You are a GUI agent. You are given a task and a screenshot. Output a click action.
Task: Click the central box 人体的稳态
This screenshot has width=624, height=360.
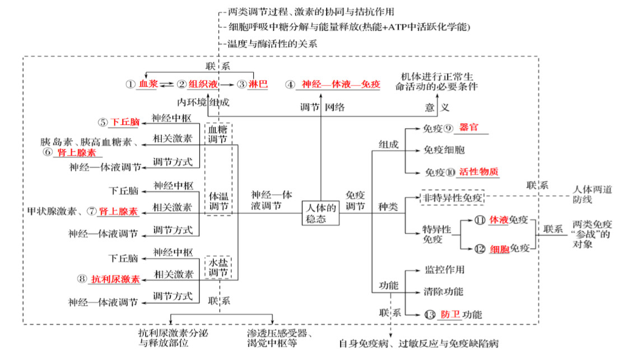click(x=321, y=213)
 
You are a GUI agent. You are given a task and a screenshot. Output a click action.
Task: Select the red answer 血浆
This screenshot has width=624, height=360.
click(x=148, y=84)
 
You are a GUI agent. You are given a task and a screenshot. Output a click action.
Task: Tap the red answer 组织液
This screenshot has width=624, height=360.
click(x=202, y=84)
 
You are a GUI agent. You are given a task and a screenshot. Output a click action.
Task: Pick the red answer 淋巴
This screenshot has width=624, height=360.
click(x=259, y=84)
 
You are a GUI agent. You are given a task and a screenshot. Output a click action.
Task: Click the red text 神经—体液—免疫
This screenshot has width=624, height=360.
click(x=341, y=84)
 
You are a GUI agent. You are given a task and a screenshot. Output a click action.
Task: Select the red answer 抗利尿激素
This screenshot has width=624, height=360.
click(x=115, y=278)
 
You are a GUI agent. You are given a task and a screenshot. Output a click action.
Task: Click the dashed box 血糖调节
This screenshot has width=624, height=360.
click(x=218, y=134)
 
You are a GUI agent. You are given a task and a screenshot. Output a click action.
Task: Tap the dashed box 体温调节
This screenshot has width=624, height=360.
click(x=218, y=203)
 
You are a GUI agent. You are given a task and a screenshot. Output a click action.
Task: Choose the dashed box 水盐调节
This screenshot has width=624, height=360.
click(x=218, y=268)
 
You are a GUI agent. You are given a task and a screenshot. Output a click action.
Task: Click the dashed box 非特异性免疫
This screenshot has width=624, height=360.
click(x=453, y=198)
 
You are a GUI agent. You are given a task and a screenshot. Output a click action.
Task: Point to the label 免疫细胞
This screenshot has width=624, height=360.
click(x=444, y=150)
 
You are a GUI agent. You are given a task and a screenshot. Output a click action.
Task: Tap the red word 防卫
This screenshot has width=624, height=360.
click(x=450, y=315)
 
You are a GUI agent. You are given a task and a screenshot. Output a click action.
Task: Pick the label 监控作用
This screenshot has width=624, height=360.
click(x=444, y=270)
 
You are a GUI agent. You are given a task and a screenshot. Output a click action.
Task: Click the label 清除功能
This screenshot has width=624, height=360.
click(x=444, y=292)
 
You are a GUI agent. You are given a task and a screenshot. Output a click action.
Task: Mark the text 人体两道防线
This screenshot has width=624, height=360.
click(x=592, y=194)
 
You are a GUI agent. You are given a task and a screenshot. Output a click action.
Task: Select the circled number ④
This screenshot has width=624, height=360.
click(x=290, y=85)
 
